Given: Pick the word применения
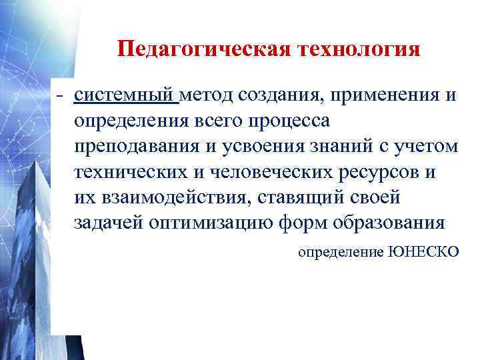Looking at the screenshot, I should (387, 95).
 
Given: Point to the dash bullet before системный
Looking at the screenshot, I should (60, 96).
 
